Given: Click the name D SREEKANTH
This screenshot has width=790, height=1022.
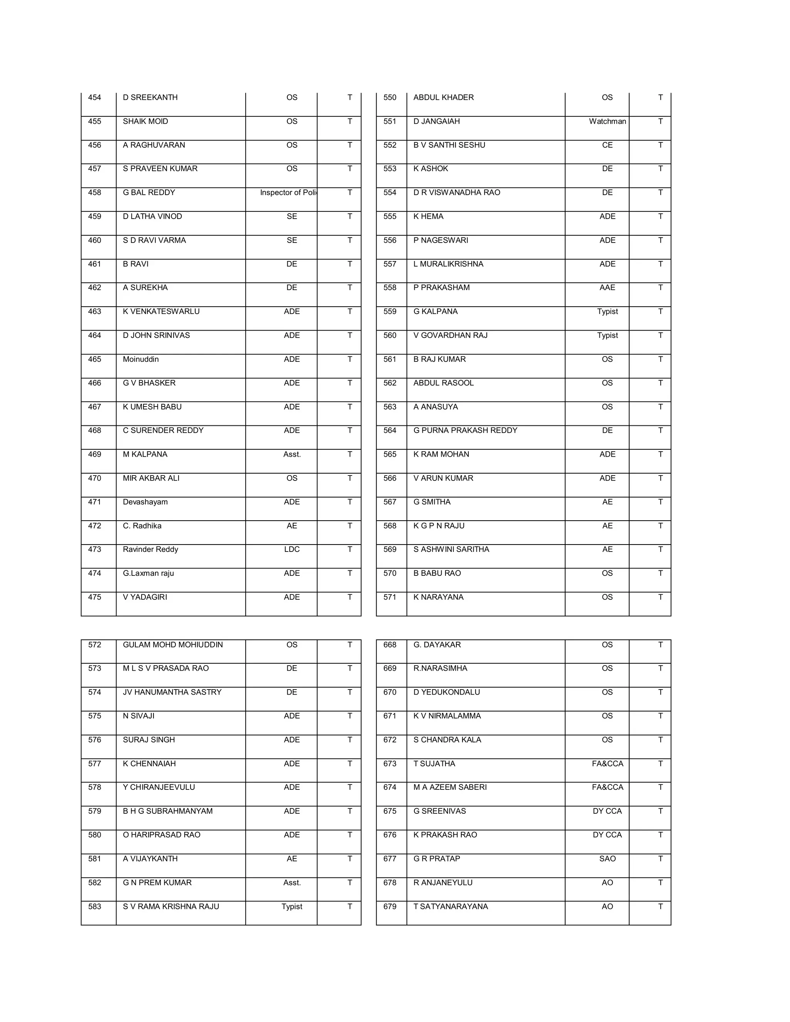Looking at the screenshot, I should point(150,97).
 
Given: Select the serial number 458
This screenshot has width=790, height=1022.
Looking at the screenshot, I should point(95,192).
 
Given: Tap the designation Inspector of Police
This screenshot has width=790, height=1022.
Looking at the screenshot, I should point(288,192).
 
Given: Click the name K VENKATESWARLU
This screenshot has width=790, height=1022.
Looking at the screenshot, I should point(161,311).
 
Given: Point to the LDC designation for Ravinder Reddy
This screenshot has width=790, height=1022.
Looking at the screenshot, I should point(292,549).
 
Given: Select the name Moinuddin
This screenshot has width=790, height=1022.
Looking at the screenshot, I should point(140,359).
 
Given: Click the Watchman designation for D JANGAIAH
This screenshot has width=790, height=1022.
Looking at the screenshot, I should point(607,121).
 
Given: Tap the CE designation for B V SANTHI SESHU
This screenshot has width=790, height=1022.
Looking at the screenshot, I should point(607,145).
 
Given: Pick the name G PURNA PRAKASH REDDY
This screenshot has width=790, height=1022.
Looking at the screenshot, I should point(465,430).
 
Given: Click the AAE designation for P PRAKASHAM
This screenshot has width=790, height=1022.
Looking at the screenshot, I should point(607,287).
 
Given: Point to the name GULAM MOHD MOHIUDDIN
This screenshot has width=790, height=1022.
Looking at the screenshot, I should point(173,644).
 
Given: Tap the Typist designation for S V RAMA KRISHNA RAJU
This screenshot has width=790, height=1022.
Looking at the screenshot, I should point(292,906).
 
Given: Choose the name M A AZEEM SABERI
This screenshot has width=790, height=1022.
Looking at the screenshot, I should point(450,787).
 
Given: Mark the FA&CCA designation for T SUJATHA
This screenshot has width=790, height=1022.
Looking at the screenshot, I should point(607,763).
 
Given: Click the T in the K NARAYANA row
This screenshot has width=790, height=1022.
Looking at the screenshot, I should point(660,597).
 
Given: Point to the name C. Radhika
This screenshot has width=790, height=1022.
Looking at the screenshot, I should point(142,526).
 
